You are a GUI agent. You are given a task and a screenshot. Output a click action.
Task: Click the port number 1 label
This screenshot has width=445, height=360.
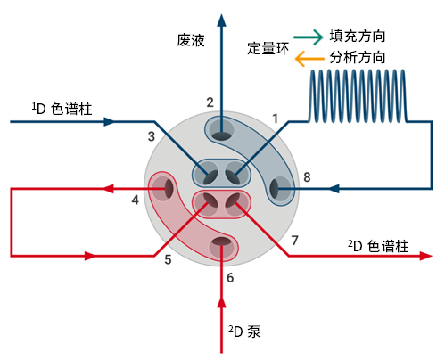click(x=276, y=119)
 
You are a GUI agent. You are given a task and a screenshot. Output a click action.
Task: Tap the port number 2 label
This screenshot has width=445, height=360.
click(x=210, y=102)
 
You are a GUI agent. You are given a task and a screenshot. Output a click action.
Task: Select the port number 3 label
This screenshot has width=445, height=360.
click(x=152, y=136)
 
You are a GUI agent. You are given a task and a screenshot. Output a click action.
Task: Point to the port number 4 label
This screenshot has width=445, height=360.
click(x=136, y=200)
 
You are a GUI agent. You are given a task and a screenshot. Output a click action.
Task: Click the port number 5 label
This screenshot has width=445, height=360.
click(x=168, y=259)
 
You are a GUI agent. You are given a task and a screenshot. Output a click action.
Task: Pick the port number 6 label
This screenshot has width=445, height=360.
click(x=230, y=278)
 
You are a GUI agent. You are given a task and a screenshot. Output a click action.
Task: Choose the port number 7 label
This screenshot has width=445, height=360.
click(x=294, y=241)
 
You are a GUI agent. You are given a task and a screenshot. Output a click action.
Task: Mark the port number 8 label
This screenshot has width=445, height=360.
click(x=307, y=177)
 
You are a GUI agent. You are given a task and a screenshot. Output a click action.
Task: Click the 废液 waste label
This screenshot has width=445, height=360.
click(x=191, y=40)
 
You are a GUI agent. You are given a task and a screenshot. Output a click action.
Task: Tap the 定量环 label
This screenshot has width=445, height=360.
click(x=268, y=48)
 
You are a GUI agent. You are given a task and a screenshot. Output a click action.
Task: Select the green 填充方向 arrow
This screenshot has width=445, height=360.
click(x=308, y=37)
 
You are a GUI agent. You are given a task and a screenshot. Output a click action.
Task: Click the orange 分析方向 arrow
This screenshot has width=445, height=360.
click(x=309, y=59)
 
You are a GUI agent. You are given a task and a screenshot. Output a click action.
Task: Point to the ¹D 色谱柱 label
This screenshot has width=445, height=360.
click(x=62, y=109)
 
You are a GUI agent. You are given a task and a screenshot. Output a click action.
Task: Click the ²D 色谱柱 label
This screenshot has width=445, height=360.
click(x=378, y=246)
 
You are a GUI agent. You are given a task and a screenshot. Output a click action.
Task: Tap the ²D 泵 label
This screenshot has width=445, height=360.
click(x=244, y=331)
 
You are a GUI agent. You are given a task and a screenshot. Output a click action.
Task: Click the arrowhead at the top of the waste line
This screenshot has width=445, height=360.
click(x=221, y=20)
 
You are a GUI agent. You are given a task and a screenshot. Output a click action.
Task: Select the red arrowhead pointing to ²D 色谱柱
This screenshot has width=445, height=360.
click(x=425, y=256)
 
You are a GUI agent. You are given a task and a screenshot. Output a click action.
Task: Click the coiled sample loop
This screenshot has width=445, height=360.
click(x=358, y=96)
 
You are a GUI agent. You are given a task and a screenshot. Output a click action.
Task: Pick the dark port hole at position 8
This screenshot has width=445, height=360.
click(x=275, y=189)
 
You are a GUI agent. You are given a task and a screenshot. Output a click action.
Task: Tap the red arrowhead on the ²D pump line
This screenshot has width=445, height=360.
click(x=221, y=302)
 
